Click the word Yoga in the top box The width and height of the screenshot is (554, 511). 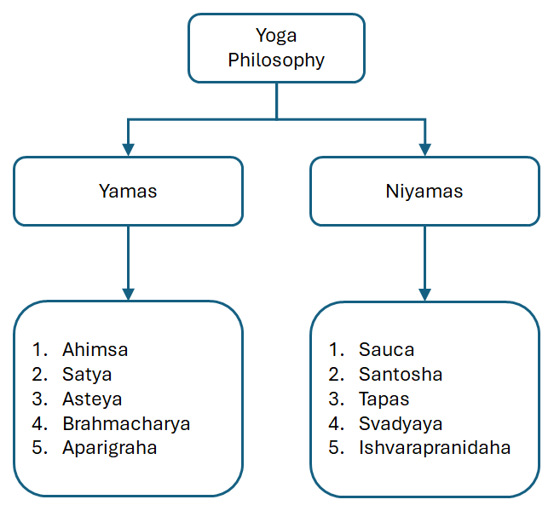(x=277, y=36)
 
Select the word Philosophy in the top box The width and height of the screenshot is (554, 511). (x=277, y=60)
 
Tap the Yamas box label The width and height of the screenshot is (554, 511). (x=128, y=191)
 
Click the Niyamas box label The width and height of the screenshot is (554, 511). (x=424, y=191)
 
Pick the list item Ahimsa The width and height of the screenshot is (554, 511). (x=95, y=349)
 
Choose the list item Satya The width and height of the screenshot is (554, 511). (x=87, y=374)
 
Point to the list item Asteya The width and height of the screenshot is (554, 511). (x=92, y=399)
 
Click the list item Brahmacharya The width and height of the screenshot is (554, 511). (x=126, y=423)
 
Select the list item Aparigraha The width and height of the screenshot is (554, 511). (x=110, y=448)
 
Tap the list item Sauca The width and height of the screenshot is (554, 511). (x=386, y=349)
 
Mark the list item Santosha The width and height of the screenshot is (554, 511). (x=401, y=374)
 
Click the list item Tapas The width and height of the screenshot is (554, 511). (x=384, y=399)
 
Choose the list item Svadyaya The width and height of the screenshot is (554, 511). (x=401, y=423)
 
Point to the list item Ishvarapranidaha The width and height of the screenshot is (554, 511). (x=435, y=448)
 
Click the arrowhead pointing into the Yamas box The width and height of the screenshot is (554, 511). (x=128, y=149)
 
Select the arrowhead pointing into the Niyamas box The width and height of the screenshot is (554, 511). (x=424, y=149)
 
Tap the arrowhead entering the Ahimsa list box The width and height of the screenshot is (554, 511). (x=128, y=294)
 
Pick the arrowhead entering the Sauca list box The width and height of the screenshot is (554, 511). (x=424, y=294)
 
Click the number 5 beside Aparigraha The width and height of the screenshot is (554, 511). (x=38, y=448)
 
